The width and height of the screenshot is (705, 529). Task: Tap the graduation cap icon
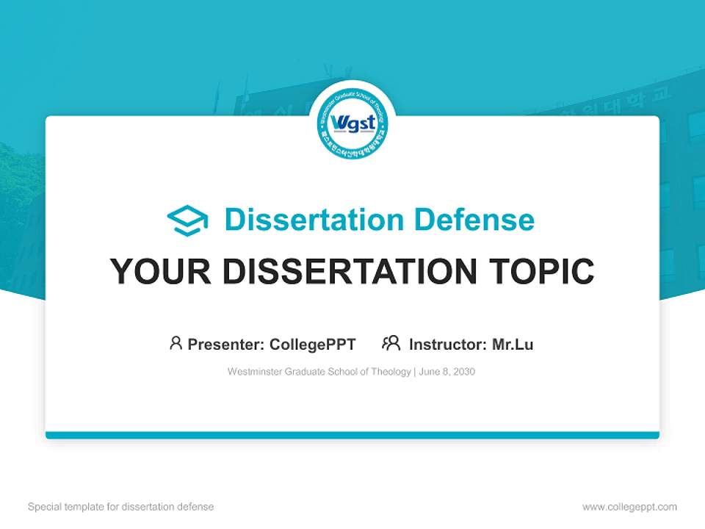[x=187, y=220]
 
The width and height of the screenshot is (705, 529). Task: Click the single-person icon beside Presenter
[x=176, y=343]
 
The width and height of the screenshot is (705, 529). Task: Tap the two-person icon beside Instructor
[x=391, y=343]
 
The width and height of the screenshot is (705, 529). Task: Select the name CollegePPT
[x=312, y=345]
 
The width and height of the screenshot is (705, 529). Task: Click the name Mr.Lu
[x=513, y=345]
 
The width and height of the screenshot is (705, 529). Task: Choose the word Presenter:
[x=226, y=345]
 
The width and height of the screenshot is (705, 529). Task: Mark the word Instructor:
[x=448, y=345]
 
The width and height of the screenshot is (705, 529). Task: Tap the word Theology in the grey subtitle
[x=392, y=372]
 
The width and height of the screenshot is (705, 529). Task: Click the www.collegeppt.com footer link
[x=629, y=507]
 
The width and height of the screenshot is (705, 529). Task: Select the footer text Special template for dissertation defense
[x=121, y=507]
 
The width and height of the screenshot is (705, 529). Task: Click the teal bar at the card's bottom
[x=352, y=435]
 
